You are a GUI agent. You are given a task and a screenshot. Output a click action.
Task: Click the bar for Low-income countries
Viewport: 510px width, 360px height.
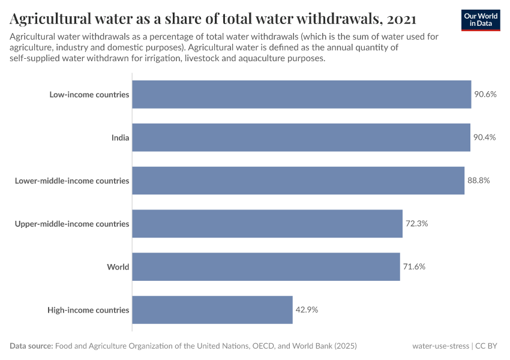click(x=301, y=94)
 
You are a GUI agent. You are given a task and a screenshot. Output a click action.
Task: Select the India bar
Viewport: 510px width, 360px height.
click(x=301, y=137)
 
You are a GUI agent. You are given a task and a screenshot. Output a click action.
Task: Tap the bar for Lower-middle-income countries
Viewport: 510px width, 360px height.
click(x=298, y=181)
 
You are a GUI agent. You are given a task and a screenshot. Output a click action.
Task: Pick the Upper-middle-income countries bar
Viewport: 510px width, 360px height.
click(x=267, y=224)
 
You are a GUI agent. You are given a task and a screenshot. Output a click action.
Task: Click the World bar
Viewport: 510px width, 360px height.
click(x=266, y=266)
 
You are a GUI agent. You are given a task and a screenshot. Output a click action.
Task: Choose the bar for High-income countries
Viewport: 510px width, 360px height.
click(x=212, y=310)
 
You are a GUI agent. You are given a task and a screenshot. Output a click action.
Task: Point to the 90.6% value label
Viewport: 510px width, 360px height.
click(x=485, y=94)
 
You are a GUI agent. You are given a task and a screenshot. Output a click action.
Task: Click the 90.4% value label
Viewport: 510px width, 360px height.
click(x=485, y=137)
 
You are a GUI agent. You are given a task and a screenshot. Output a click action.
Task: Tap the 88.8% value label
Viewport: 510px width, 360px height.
click(x=479, y=181)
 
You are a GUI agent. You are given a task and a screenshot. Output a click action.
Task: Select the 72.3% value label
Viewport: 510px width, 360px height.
click(x=416, y=224)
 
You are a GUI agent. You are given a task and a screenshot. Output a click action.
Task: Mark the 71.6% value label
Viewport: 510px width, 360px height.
click(x=414, y=266)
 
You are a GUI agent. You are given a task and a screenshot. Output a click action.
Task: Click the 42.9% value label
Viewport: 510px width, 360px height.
click(x=307, y=310)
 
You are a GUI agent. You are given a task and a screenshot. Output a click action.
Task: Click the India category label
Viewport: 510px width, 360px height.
click(x=120, y=137)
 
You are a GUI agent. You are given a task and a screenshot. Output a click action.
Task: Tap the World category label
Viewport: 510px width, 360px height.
click(x=118, y=266)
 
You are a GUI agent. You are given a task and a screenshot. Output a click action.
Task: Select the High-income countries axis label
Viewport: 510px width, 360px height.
click(x=88, y=310)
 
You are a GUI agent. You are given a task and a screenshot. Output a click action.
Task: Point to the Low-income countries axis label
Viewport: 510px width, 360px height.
click(x=89, y=94)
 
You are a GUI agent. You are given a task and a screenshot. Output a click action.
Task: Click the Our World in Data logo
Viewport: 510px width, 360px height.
click(x=481, y=20)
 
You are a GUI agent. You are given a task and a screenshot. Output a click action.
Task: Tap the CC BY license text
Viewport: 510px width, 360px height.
click(x=488, y=346)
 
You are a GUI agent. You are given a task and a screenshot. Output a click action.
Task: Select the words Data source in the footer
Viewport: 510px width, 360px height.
click(x=31, y=346)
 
